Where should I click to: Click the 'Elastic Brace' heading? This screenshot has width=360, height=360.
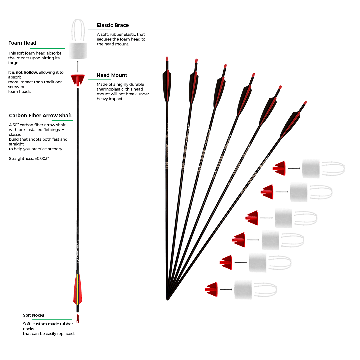(112, 25)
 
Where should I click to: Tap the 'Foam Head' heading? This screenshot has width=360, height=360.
(22, 43)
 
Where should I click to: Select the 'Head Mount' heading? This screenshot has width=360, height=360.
(112, 75)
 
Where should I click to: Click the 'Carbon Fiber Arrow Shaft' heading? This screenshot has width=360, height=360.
(40, 116)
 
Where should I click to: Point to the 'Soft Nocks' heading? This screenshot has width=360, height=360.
(34, 315)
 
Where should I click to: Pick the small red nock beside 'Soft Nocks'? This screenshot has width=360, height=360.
(77, 319)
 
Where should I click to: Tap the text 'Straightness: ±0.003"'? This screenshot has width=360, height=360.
(29, 159)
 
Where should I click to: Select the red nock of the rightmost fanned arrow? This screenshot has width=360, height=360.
(305, 103)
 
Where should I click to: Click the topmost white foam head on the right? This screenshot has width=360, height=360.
(311, 168)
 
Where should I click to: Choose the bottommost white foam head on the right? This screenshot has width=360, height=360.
(243, 289)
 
